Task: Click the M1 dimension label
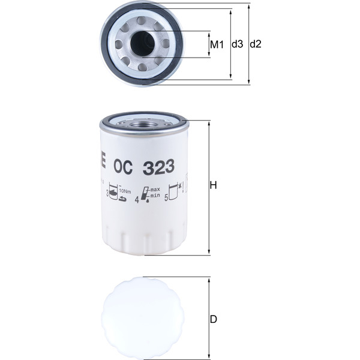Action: coord(217,44)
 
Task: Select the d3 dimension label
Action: coord(238,44)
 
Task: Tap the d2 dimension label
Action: coord(256,44)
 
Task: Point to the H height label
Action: coord(212,186)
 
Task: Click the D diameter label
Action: coord(213,319)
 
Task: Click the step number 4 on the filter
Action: coord(137,200)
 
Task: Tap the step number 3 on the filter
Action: coord(108,194)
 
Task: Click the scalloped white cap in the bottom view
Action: coord(142,319)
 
